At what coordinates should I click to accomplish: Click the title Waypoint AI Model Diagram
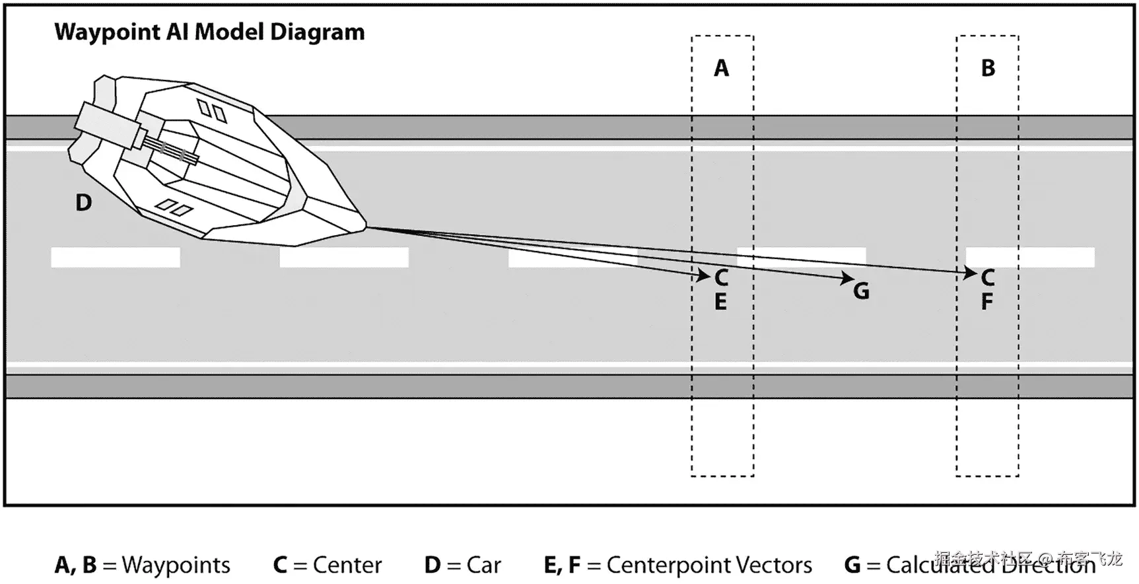(209, 32)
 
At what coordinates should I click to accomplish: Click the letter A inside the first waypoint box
(721, 68)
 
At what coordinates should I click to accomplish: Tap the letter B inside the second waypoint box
(988, 68)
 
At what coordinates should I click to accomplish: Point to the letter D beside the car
(83, 203)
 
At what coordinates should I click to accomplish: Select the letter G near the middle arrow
(861, 291)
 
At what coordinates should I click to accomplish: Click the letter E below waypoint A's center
(720, 302)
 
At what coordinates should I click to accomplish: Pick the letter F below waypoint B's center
(986, 302)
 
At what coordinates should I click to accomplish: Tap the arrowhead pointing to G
(848, 279)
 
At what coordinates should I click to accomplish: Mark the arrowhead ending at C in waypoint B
(971, 272)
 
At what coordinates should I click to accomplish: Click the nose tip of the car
(364, 226)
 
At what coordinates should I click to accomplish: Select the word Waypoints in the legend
(176, 566)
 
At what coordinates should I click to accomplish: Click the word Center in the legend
(347, 566)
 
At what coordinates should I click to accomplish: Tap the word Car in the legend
(483, 566)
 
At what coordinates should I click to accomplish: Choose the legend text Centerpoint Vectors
(709, 566)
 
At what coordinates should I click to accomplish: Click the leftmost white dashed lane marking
(116, 257)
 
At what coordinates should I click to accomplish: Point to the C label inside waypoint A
(721, 277)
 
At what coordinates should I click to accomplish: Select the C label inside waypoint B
(988, 277)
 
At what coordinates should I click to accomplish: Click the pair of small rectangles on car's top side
(212, 111)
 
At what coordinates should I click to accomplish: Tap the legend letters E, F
(562, 566)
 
